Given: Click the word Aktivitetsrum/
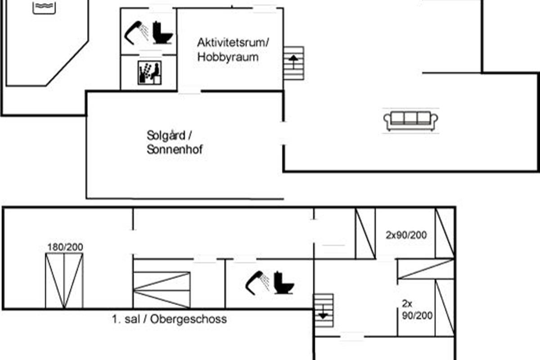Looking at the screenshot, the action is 233,43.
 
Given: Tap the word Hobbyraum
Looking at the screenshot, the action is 228,57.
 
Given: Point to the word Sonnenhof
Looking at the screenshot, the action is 175,149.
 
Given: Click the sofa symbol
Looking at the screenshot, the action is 411,121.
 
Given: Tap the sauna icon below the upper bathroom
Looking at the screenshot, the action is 149,72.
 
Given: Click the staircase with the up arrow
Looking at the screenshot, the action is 293,63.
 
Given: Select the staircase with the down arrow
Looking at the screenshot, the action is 323,310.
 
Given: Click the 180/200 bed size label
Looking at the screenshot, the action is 65,247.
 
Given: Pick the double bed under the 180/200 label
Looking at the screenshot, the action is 64,280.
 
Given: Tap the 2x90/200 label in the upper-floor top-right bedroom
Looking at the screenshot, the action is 406,235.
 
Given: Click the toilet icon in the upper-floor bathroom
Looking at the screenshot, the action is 284,283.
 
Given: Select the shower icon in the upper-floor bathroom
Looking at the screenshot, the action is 257,283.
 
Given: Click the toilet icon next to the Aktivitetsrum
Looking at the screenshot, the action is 163,32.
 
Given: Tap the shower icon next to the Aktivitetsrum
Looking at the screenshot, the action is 136,33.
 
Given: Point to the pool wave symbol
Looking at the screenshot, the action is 44,7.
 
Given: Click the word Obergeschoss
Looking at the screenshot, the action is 189,319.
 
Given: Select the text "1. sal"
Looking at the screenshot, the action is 126,319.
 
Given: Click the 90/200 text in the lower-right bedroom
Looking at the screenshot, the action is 417,315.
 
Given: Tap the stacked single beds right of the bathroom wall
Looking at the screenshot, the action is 162,290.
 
